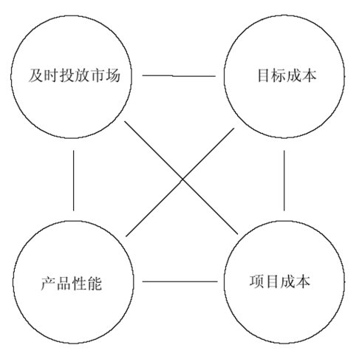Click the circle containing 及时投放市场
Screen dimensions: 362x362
click(11, 76)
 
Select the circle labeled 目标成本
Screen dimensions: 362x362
click(224, 76)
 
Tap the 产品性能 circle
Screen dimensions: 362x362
click(13, 282)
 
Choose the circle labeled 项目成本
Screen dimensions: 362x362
click(224, 282)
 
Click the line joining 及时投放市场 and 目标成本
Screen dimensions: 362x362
click(179, 76)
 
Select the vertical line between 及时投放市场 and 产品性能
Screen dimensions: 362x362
click(73, 181)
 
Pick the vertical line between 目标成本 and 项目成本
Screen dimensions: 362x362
click(284, 181)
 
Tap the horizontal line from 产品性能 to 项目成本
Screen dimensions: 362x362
click(180, 281)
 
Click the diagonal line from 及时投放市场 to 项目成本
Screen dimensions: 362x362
click(181, 177)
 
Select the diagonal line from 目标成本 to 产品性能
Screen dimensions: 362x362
click(180, 182)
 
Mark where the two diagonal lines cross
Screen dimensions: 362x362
click(182, 179)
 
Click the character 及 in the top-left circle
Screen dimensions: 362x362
click(36, 75)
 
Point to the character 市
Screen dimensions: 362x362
click(98, 75)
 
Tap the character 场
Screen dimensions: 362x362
click(113, 75)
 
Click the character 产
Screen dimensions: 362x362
click(48, 284)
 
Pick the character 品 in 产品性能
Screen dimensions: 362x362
click(64, 284)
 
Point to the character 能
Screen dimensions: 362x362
click(95, 284)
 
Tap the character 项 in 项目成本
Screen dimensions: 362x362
click(257, 281)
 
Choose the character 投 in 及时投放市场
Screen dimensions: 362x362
click(67, 75)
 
